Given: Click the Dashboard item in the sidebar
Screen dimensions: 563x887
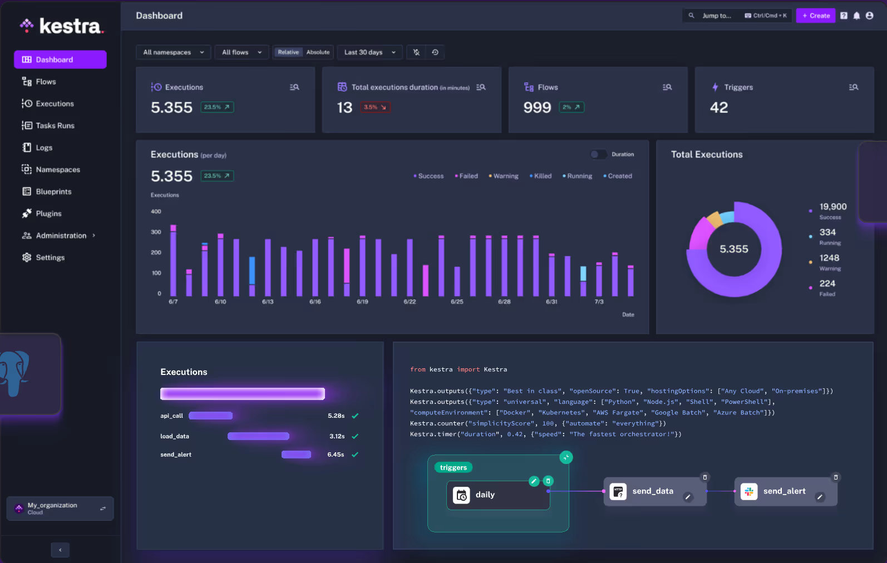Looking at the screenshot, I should click(60, 60).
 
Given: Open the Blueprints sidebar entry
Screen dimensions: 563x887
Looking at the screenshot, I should click(53, 191).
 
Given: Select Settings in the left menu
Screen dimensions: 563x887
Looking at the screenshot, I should click(50, 258).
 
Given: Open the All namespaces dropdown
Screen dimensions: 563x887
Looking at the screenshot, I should click(173, 52).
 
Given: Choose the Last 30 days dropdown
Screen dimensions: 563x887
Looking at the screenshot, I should click(369, 52).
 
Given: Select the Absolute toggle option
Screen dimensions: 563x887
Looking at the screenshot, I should click(318, 52).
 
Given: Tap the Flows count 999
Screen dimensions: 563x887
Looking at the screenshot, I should click(537, 107).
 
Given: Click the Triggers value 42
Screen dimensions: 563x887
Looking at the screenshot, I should click(719, 107).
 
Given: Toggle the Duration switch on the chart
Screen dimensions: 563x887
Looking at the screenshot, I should click(599, 155).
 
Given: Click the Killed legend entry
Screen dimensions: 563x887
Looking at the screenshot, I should click(542, 176).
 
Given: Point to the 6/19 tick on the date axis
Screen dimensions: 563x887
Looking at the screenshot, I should click(362, 302).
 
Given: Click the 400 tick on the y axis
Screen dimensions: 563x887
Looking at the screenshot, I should click(156, 211).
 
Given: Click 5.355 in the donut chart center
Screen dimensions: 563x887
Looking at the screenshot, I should click(733, 249).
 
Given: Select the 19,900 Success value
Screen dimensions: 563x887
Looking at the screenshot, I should click(832, 206).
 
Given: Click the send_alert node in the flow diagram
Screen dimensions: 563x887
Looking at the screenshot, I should click(784, 491).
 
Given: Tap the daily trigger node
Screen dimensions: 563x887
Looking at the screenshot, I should click(485, 495).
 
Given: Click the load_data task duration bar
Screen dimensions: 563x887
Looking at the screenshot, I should click(258, 436).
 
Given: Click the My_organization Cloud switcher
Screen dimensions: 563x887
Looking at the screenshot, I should click(60, 508).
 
